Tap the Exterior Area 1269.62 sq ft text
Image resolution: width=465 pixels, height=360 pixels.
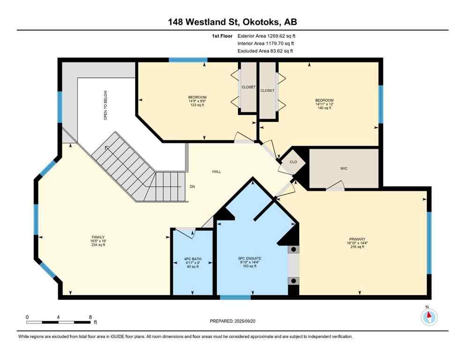click(266, 35)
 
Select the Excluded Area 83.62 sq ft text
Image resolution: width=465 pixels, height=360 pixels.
click(266, 51)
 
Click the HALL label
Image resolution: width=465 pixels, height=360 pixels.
click(216, 172)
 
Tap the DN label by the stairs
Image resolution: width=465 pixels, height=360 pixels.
click(192, 187)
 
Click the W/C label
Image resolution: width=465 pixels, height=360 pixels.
click(344, 168)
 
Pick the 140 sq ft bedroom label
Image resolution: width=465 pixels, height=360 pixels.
click(324, 104)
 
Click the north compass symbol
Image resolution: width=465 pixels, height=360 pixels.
click(428, 317)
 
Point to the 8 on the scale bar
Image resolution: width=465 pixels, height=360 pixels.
click(90, 317)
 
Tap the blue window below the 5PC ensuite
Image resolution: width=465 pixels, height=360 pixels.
click(235, 297)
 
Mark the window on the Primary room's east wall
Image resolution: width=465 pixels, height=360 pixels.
click(428, 242)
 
